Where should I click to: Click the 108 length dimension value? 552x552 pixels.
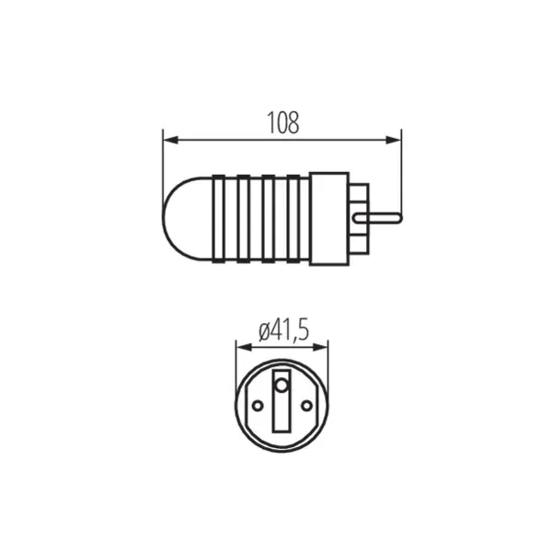(283, 123)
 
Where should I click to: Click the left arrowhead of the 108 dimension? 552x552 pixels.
(168, 140)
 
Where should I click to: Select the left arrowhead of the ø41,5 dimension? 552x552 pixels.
(242, 348)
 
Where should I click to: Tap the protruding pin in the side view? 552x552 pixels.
(386, 217)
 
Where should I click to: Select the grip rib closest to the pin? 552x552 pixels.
(293, 217)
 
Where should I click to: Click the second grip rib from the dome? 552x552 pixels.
(244, 217)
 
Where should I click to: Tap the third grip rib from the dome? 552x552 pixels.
(269, 217)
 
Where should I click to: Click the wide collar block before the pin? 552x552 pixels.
(336, 217)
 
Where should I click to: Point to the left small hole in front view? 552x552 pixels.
(258, 405)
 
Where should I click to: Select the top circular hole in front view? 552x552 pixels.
(282, 381)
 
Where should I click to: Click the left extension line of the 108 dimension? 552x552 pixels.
(163, 156)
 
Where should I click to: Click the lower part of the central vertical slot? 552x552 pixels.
(282, 425)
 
